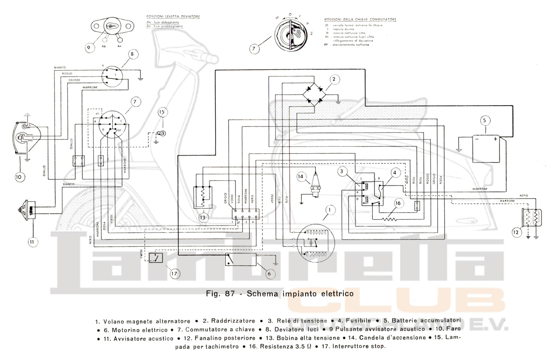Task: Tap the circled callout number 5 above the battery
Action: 484,121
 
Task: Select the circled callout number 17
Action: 174,273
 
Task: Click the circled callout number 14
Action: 301,175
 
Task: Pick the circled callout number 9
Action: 88,47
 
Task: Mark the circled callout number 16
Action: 397,202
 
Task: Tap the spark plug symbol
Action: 316,187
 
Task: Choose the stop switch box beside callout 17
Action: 156,257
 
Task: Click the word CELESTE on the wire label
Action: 76,80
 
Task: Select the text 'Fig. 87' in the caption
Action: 224,293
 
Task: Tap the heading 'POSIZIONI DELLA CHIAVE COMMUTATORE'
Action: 361,19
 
